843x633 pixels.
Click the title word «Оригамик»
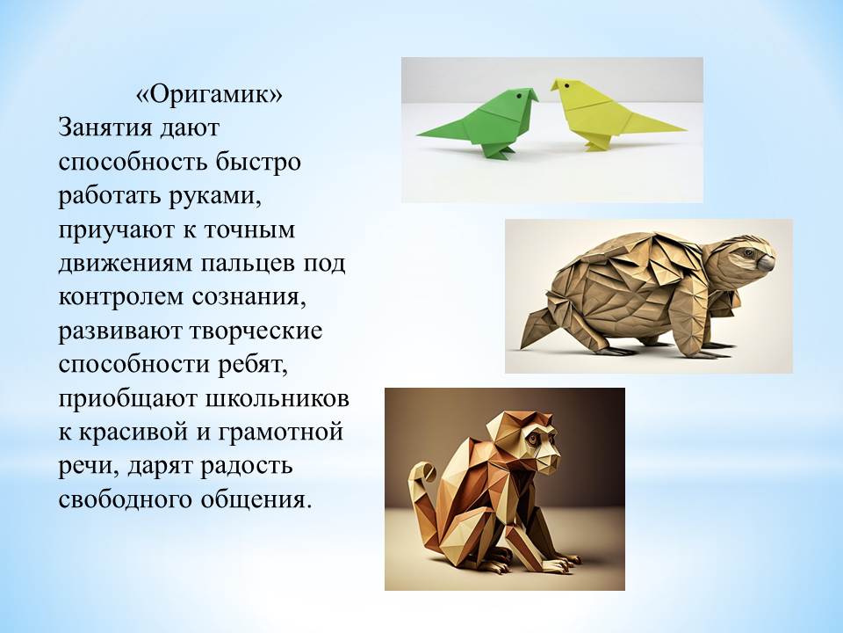click(209, 95)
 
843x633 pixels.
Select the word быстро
click(258, 162)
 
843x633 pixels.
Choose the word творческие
click(256, 331)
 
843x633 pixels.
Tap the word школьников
click(277, 399)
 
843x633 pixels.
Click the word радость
click(246, 466)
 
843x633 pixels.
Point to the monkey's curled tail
click(422, 484)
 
